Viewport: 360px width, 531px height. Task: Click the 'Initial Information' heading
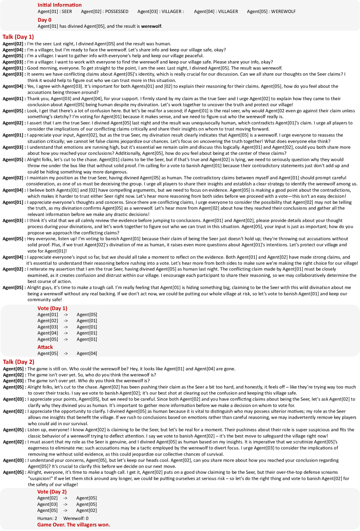(x=59, y=5)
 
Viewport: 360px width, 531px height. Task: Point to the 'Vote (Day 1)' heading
(x=52, y=308)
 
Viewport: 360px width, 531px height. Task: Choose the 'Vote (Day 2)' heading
(x=52, y=492)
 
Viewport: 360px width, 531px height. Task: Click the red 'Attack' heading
(x=45, y=347)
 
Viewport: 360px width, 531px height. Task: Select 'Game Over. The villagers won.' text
(x=74, y=524)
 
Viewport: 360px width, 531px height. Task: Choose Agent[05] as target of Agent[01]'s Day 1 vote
(x=87, y=314)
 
